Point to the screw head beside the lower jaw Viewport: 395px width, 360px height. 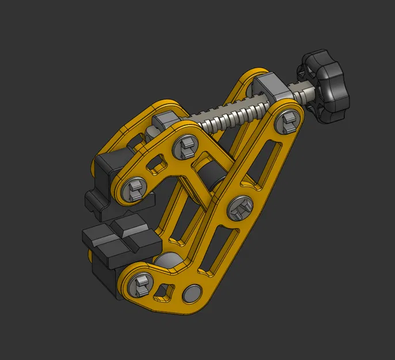(x=139, y=283)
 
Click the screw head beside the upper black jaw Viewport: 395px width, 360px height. (x=134, y=188)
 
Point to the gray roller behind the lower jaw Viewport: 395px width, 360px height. (x=169, y=262)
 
